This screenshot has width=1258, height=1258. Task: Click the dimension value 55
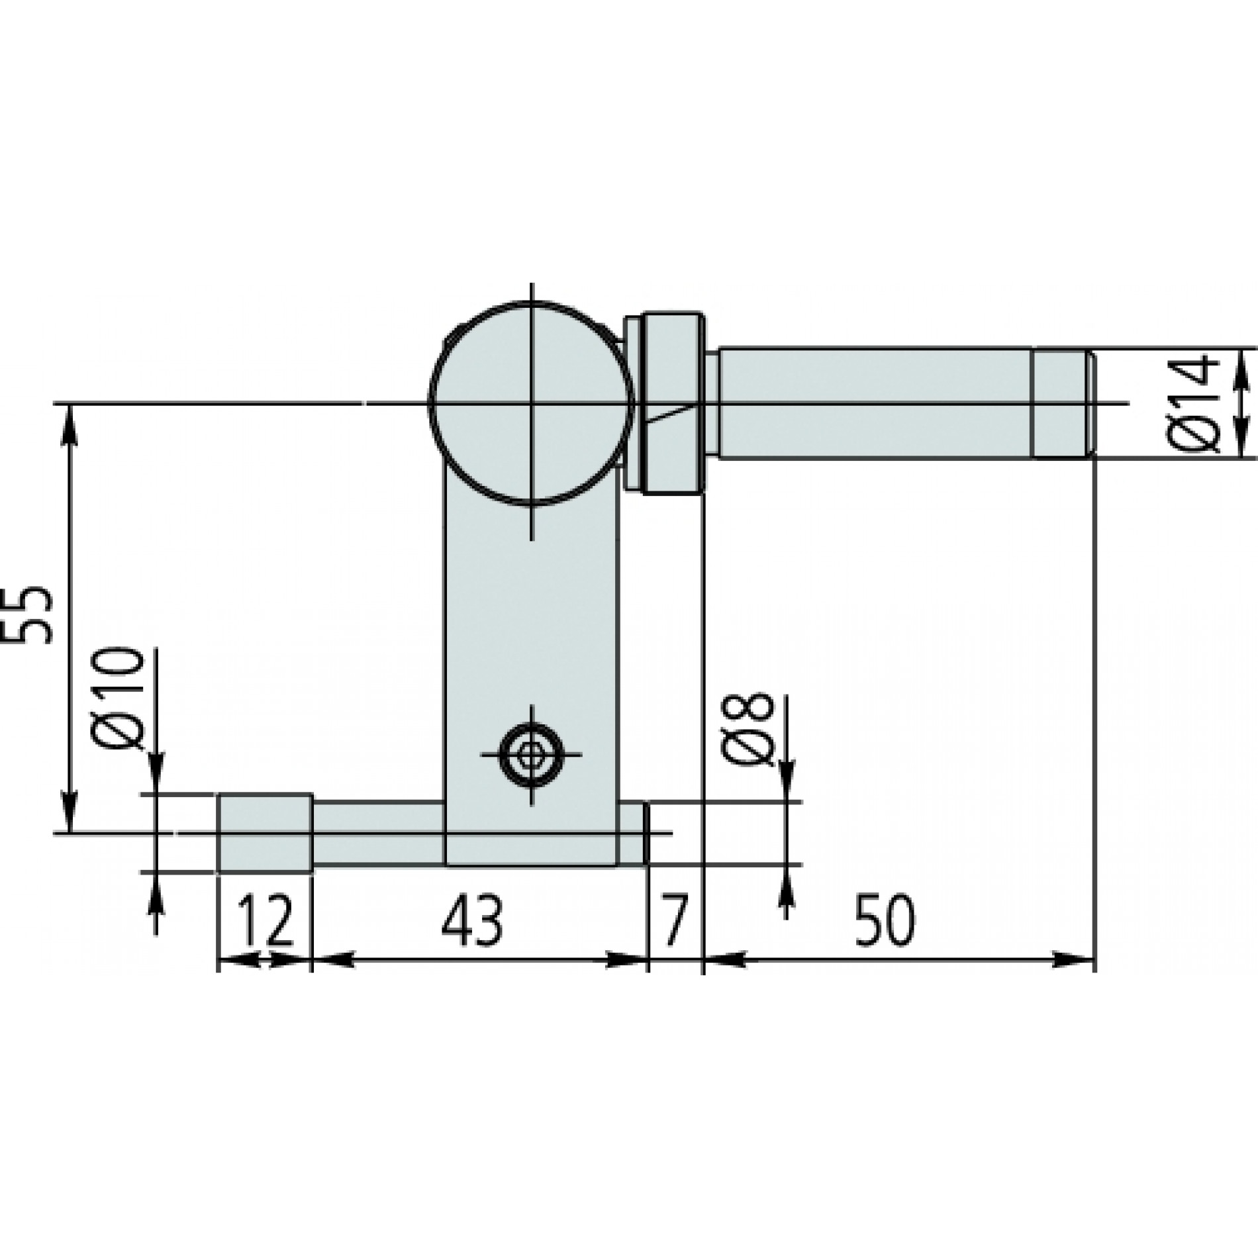pos(32,616)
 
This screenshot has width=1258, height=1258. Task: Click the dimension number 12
pos(265,920)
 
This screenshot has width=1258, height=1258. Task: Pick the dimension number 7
pos(674,920)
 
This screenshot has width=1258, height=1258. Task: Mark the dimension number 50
pos(885,920)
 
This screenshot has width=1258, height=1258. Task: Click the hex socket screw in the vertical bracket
pos(529,754)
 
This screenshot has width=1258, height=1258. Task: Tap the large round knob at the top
pos(530,403)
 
